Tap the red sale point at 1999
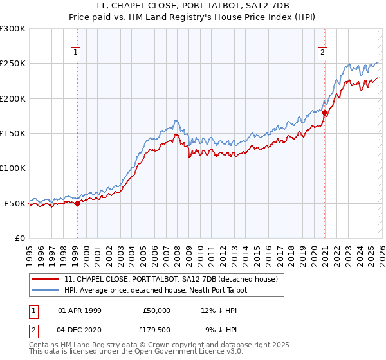coord(77,203)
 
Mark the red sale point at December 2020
coord(325,113)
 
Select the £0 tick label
coord(20,238)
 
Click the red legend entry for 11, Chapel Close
coord(170,279)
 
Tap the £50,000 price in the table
coord(156,310)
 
